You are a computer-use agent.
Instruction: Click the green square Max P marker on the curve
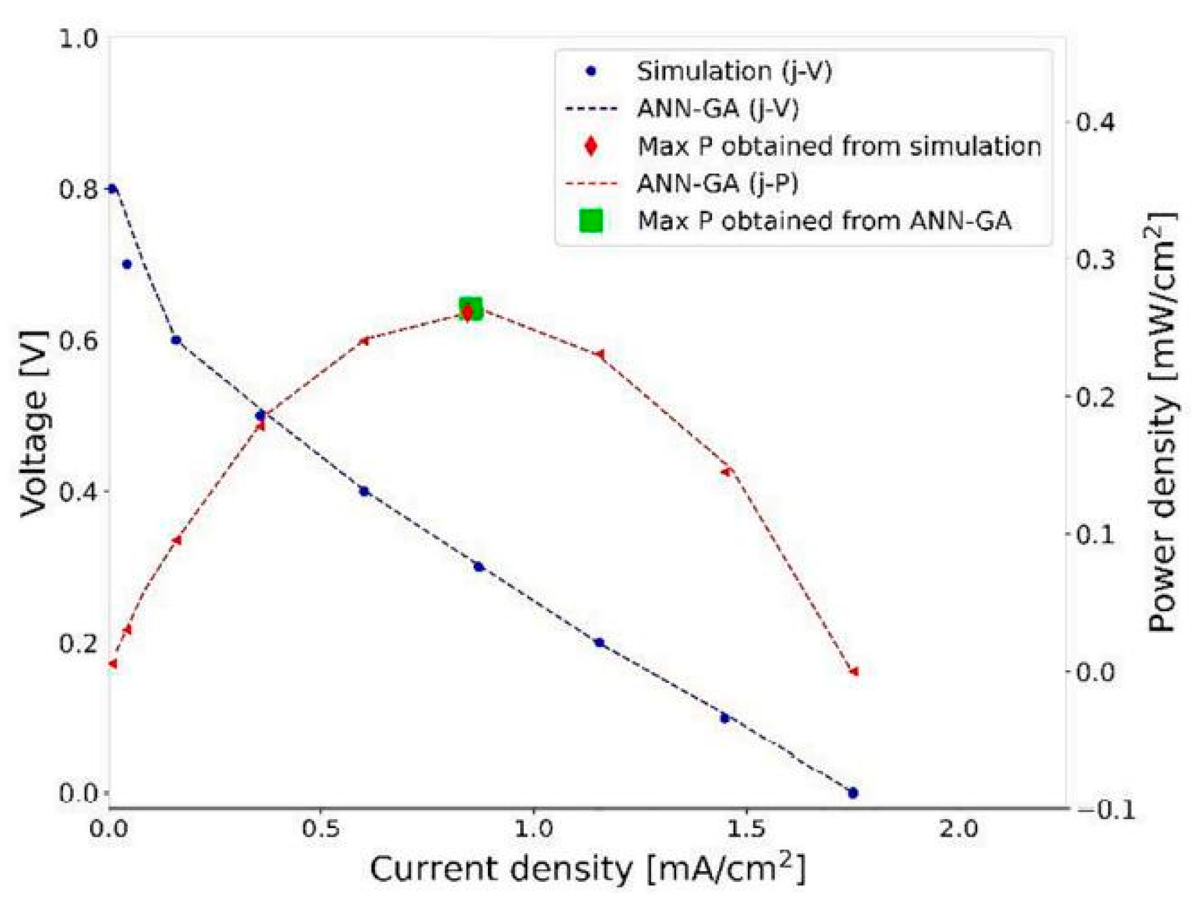(470, 309)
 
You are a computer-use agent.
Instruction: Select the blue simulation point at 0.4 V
(364, 492)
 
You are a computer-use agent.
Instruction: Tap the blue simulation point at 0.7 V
(127, 264)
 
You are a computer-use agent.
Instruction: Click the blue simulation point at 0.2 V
(599, 642)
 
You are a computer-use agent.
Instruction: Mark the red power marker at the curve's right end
(854, 672)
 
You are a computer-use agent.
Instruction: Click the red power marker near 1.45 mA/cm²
(726, 471)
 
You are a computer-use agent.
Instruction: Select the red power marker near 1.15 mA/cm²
(599, 354)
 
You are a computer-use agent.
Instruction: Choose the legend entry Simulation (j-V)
(734, 71)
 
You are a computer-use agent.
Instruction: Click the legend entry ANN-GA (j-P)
(717, 184)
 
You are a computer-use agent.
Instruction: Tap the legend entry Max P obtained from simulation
(838, 147)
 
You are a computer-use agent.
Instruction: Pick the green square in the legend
(591, 221)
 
